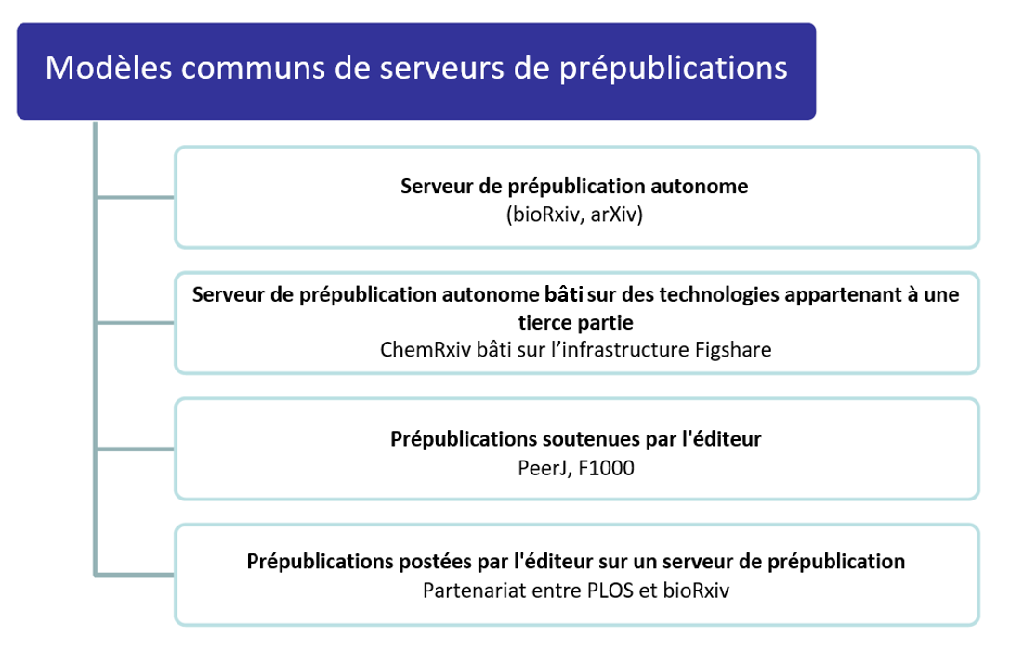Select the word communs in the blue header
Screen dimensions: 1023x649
click(x=253, y=69)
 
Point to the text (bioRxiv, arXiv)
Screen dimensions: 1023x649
click(x=575, y=214)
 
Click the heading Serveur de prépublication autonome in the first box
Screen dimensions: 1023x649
click(x=574, y=187)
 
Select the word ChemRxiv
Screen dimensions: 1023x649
click(x=425, y=350)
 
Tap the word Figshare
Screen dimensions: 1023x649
click(x=733, y=350)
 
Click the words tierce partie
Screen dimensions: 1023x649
click(x=575, y=322)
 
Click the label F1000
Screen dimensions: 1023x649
click(x=606, y=468)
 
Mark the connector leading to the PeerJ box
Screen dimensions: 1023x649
click(x=135, y=448)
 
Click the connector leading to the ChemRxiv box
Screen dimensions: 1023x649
click(x=135, y=322)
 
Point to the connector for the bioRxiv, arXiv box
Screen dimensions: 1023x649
click(x=135, y=196)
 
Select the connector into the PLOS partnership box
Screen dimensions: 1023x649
click(x=135, y=575)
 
